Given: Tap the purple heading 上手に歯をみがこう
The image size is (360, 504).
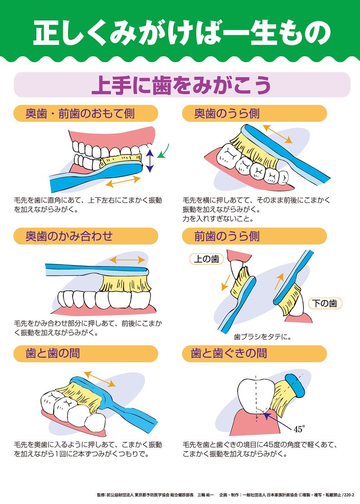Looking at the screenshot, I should point(181,85).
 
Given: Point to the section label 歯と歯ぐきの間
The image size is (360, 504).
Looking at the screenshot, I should point(229,353).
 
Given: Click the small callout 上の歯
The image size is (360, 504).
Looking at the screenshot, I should point(206,259).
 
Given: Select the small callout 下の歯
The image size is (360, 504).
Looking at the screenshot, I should point(325,303).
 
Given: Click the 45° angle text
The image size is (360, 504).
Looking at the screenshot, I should point(299,429).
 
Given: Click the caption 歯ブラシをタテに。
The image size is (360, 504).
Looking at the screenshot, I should point(263,337).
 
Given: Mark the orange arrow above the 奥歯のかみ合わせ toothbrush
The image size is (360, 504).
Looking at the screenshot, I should point(127,260).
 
